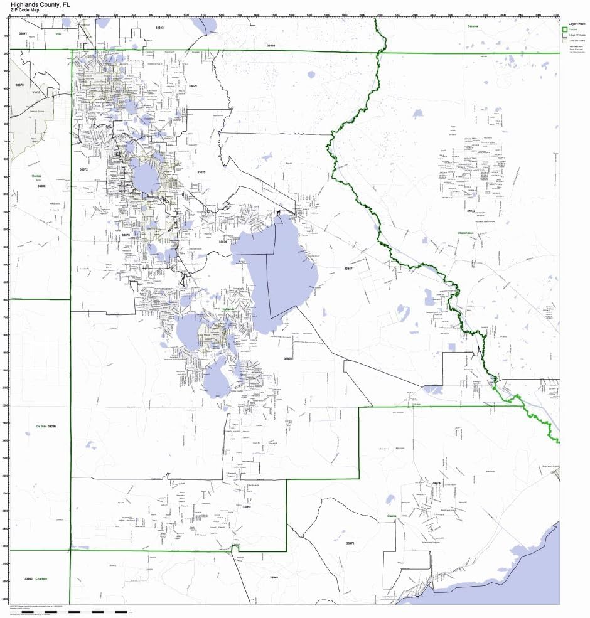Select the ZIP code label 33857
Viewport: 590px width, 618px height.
348,269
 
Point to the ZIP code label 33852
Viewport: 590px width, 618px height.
288,358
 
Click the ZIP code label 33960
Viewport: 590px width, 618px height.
247,506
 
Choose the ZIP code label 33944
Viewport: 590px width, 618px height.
274,577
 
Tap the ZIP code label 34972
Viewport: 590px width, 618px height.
471,211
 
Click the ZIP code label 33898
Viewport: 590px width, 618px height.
271,45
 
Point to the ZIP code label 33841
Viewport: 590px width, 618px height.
23,33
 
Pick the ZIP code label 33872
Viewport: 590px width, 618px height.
84,169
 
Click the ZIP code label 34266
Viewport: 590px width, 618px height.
51,427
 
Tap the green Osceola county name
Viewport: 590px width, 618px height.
473,26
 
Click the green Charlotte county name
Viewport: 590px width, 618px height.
41,578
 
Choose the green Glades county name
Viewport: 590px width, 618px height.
391,516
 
